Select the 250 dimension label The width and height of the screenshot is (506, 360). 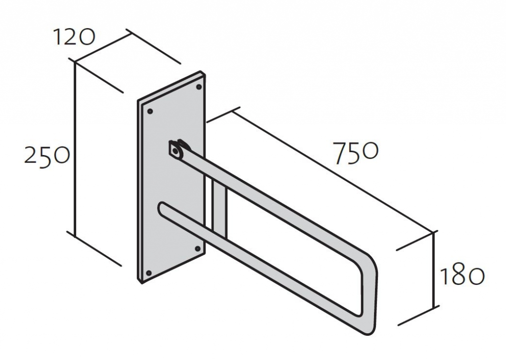click(x=47, y=157)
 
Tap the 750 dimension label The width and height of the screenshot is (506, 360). click(x=355, y=153)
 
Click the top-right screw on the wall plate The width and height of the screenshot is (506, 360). click(x=199, y=87)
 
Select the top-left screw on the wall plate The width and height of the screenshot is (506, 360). click(x=149, y=111)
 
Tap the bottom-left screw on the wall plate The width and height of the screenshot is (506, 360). click(x=148, y=273)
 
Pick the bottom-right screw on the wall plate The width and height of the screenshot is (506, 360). click(x=198, y=248)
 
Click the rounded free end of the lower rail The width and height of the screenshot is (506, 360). click(x=162, y=208)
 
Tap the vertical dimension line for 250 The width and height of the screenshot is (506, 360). click(x=75, y=149)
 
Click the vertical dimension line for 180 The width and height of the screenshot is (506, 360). click(x=434, y=269)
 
